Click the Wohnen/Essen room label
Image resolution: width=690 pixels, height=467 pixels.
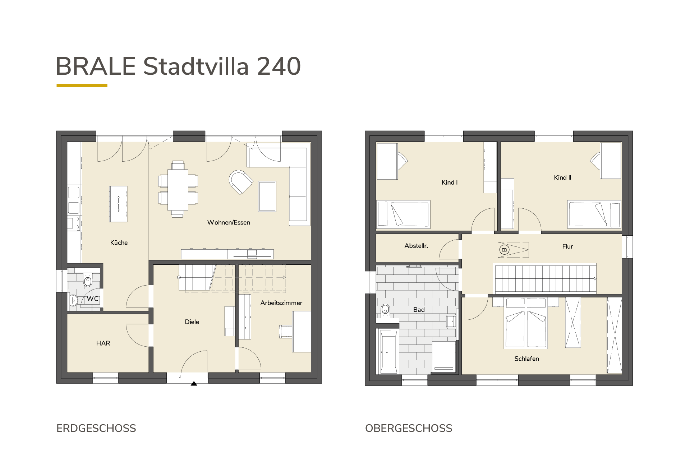[x=229, y=223]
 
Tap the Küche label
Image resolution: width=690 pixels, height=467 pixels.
[x=119, y=243]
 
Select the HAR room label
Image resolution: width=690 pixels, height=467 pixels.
[x=103, y=343]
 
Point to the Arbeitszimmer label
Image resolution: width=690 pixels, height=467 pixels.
[x=281, y=303]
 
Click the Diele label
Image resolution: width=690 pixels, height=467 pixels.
[x=192, y=322]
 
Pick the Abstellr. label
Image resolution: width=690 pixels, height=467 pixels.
[x=416, y=246]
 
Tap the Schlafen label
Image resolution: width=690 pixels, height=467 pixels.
[x=527, y=359]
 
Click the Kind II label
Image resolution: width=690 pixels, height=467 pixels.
[x=563, y=177]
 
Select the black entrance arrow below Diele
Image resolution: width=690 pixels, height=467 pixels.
[x=194, y=384]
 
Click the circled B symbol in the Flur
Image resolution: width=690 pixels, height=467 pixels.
[x=504, y=250]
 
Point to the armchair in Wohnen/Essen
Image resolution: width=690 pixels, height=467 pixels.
[x=240, y=182]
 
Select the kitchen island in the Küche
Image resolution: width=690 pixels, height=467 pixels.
[x=119, y=204]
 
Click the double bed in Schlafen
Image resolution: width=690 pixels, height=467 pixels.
[x=526, y=323]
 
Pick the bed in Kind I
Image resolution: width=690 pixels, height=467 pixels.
[x=403, y=214]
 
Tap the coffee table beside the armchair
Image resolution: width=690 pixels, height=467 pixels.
[x=267, y=196]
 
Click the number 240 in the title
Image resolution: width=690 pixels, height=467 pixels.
[x=279, y=66]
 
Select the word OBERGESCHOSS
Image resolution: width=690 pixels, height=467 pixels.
[x=409, y=429]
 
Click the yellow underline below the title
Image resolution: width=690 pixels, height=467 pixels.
[x=82, y=85]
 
